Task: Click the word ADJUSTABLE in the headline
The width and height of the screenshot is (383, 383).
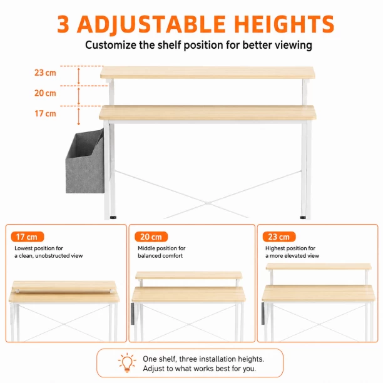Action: tap(151, 24)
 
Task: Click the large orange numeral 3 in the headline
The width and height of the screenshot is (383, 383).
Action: tap(63, 24)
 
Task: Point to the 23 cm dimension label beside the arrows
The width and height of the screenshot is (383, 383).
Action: tap(45, 73)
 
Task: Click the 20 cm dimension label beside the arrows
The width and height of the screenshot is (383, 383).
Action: tap(45, 93)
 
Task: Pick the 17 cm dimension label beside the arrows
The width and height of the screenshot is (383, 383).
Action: tap(45, 113)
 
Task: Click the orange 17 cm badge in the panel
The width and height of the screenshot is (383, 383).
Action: tap(28, 237)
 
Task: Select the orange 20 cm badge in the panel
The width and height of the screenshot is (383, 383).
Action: tap(151, 237)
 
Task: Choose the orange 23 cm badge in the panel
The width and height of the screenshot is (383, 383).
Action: tap(279, 237)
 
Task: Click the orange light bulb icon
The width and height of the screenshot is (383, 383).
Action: tap(127, 363)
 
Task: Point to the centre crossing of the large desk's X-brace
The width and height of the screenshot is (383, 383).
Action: tap(208, 203)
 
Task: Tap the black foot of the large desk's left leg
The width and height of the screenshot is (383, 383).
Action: tap(113, 217)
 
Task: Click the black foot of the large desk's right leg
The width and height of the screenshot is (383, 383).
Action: tap(303, 217)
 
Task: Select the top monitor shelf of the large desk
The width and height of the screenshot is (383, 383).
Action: tap(207, 73)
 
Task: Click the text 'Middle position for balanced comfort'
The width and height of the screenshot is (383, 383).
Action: tap(161, 252)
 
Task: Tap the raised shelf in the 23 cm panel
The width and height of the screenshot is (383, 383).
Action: tap(319, 267)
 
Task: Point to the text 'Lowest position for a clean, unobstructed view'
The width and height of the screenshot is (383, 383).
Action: tap(49, 252)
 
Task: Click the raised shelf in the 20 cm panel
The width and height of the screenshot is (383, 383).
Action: tap(188, 275)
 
